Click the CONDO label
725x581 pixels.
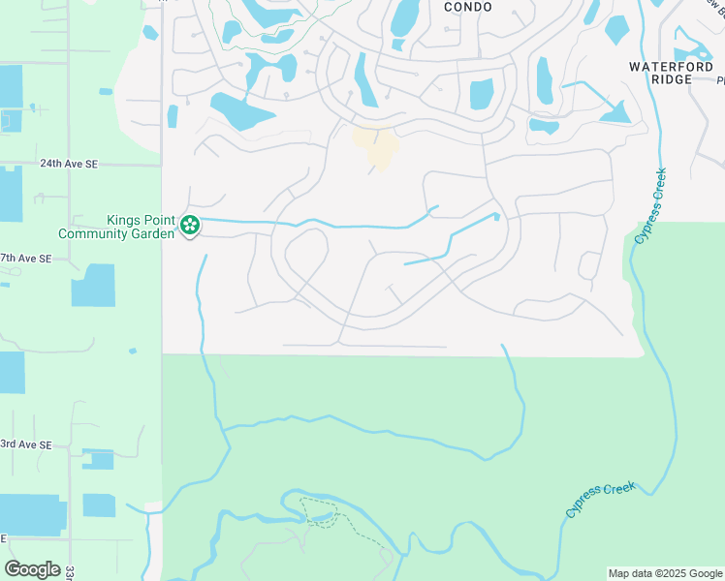[467, 7]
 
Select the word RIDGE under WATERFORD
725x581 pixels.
[674, 79]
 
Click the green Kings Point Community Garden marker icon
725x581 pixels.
[190, 227]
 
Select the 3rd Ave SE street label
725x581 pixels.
[26, 444]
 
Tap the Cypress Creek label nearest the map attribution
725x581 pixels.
[601, 499]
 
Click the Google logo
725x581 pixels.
[32, 569]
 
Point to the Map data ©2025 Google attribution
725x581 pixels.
[666, 573]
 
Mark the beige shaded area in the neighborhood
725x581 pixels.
[376, 146]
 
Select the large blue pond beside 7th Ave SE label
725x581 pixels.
[93, 286]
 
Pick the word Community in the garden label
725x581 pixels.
[95, 233]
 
